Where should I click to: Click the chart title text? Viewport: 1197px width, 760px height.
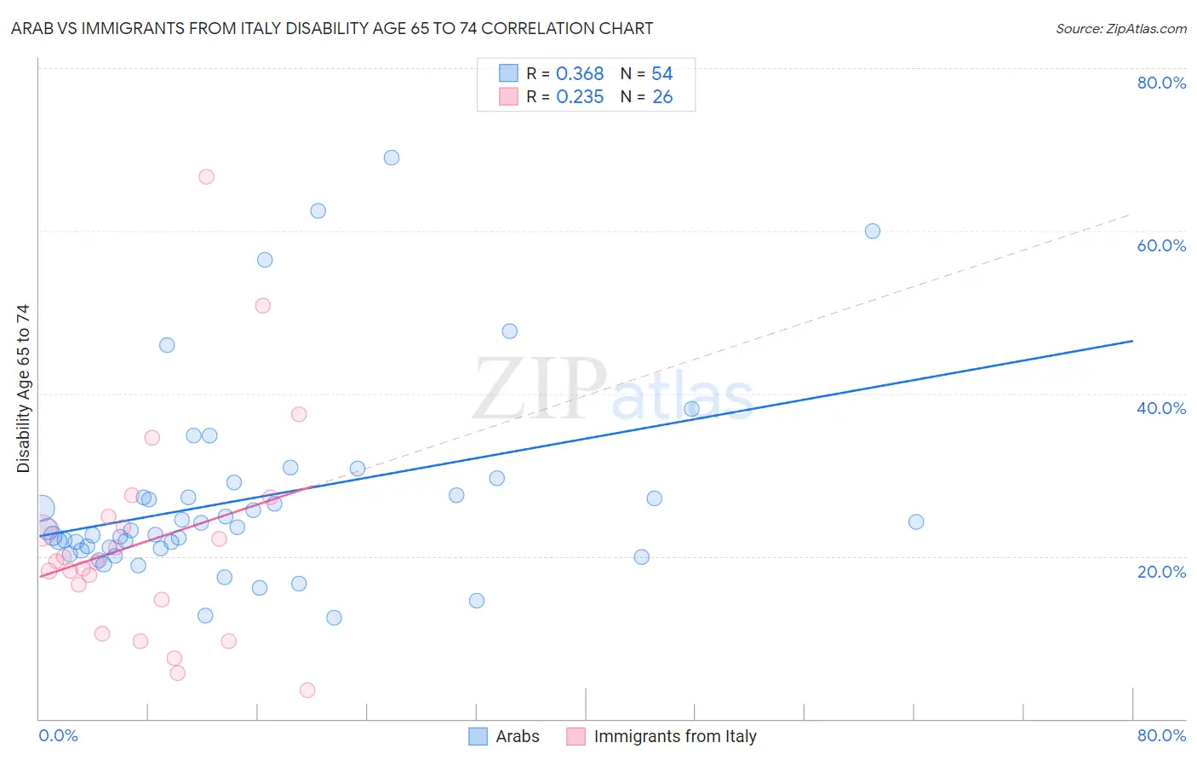click(x=332, y=28)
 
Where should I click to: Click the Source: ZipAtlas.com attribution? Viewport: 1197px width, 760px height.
click(x=1120, y=28)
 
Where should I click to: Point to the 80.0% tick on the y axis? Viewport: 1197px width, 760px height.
click(x=1161, y=83)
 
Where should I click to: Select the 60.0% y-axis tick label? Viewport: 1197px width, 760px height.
click(x=1161, y=245)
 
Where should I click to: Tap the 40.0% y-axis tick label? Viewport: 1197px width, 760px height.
click(x=1161, y=408)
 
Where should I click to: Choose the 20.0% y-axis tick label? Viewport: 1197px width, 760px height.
click(x=1161, y=572)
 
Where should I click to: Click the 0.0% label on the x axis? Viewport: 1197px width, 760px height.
click(x=58, y=735)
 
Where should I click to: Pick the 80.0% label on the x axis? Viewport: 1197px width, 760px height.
click(x=1161, y=735)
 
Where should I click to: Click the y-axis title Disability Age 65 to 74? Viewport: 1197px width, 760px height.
click(x=23, y=389)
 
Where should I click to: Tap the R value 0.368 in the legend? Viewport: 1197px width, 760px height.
click(x=580, y=74)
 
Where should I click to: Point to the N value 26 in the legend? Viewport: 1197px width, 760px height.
click(x=662, y=97)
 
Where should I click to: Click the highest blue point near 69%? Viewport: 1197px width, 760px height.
click(x=392, y=158)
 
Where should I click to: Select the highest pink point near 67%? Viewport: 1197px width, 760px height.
click(x=206, y=177)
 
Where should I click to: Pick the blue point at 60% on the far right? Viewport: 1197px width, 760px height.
click(x=873, y=231)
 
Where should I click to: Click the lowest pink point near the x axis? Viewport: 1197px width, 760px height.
click(x=308, y=690)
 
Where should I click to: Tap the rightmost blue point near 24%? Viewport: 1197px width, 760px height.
click(x=916, y=521)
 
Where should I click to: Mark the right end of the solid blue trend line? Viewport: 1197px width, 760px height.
click(x=1132, y=341)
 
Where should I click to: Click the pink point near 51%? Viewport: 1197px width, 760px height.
click(x=263, y=306)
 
